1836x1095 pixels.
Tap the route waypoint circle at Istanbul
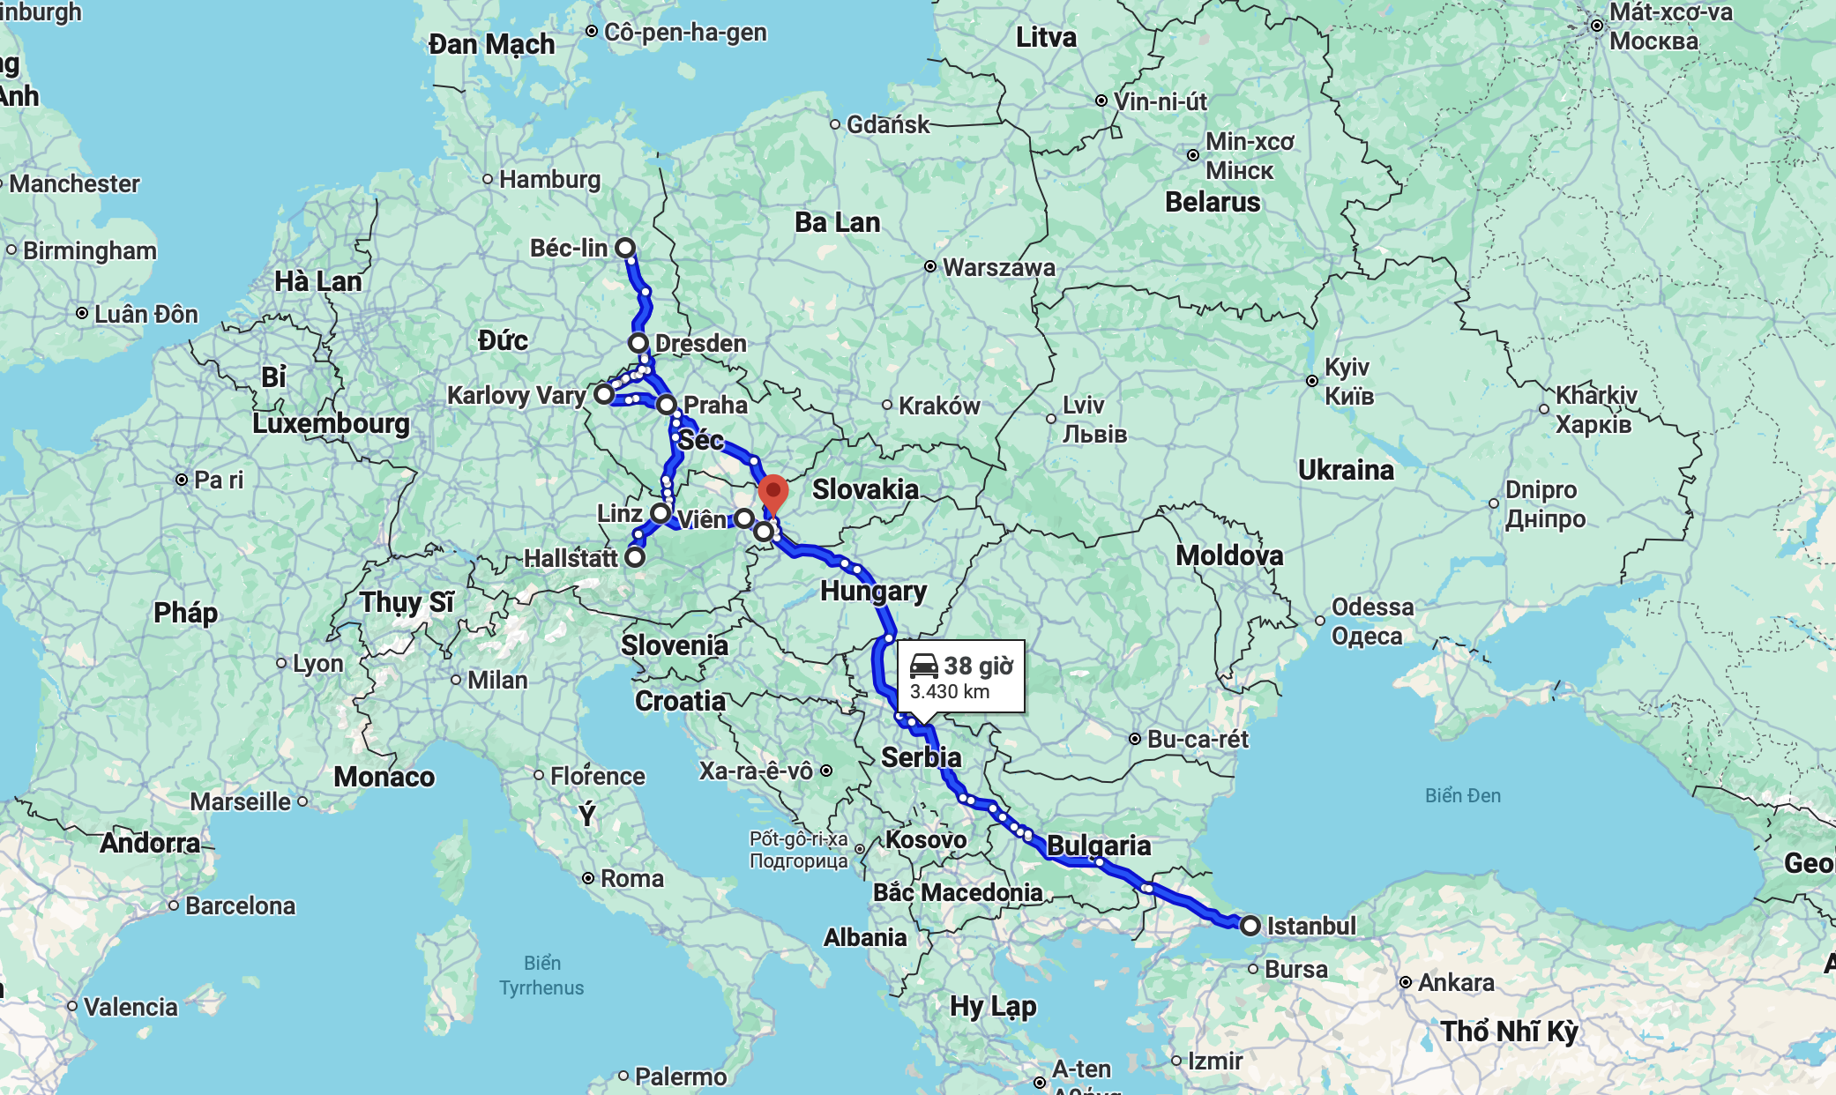coord(1250,926)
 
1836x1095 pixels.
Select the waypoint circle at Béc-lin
coord(625,248)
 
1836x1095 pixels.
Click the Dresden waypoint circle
coord(638,343)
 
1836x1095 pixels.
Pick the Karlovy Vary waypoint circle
coord(603,394)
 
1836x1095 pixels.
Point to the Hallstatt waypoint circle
coord(635,557)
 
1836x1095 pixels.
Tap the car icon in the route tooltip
coord(923,666)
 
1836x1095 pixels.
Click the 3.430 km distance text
coord(949,692)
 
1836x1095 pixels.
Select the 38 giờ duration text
coord(979,666)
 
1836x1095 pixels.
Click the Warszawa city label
coord(998,267)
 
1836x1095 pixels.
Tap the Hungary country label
coord(873,591)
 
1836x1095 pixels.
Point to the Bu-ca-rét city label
coord(1198,739)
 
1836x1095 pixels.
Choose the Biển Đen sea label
coord(1463,795)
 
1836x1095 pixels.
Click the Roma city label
coord(631,878)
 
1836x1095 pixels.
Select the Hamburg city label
coord(549,179)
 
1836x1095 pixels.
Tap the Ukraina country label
coord(1346,470)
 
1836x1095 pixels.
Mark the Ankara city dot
coord(1406,982)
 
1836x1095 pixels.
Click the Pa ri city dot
coord(182,480)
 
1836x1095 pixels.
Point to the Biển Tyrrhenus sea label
coord(541,975)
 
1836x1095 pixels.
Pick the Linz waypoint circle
coord(660,513)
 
